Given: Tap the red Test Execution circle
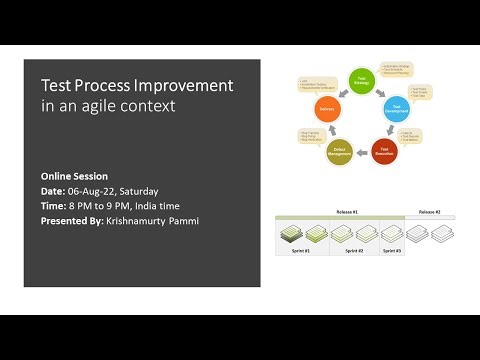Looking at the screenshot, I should (384, 150).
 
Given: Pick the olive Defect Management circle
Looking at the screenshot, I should (339, 151).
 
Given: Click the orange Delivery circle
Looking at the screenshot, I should (326, 107).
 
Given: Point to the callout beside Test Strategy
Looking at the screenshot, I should (406, 70).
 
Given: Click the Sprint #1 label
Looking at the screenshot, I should (300, 251).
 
